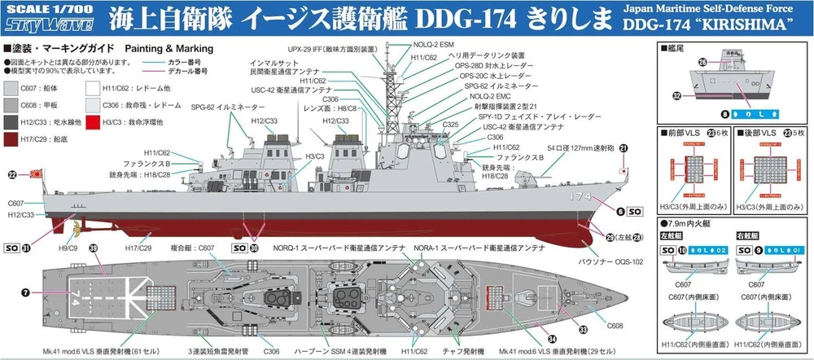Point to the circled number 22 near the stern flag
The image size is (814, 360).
click(x=11, y=173)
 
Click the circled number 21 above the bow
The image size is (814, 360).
click(x=624, y=147)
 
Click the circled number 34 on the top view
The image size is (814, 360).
click(x=552, y=338)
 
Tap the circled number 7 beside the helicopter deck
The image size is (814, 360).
click(x=25, y=292)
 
